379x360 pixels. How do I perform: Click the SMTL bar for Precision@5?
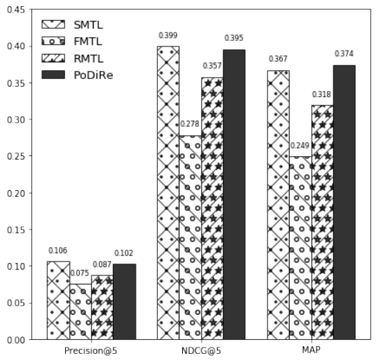tap(58, 300)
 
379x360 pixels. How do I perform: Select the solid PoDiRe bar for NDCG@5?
tap(234, 194)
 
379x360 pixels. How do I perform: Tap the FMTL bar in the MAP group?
tap(301, 248)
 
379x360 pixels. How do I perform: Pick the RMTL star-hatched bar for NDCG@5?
tap(213, 209)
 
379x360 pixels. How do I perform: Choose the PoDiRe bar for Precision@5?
tap(125, 302)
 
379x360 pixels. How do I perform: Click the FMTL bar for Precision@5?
tap(80, 311)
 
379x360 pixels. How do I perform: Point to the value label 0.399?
tap(168, 35)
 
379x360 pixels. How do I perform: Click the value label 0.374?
tap(344, 53)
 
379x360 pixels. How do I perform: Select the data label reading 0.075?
tap(80, 273)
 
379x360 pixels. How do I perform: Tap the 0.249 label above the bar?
tap(300, 146)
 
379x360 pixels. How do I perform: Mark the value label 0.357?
tap(212, 66)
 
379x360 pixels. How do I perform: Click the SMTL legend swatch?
tap(53, 24)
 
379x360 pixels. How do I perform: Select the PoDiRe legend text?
tap(94, 75)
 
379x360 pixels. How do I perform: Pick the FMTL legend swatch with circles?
tap(53, 41)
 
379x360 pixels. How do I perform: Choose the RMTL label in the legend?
tap(89, 58)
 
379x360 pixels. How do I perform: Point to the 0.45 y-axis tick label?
tap(16, 10)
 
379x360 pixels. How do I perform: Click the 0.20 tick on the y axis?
tap(16, 194)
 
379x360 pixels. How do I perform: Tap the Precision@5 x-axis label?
tap(91, 351)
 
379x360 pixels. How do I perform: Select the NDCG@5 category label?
tap(202, 351)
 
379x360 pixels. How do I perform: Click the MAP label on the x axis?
tap(311, 350)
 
